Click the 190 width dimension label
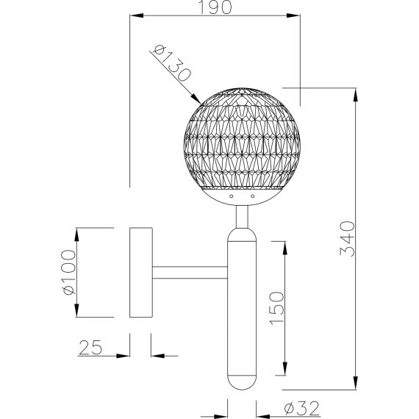215,7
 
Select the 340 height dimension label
347,239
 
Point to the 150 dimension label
276,309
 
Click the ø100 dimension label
68,272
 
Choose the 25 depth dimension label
90,347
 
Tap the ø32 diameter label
301,408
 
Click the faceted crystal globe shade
242,138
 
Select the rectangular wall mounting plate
141,272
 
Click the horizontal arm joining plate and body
190,273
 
